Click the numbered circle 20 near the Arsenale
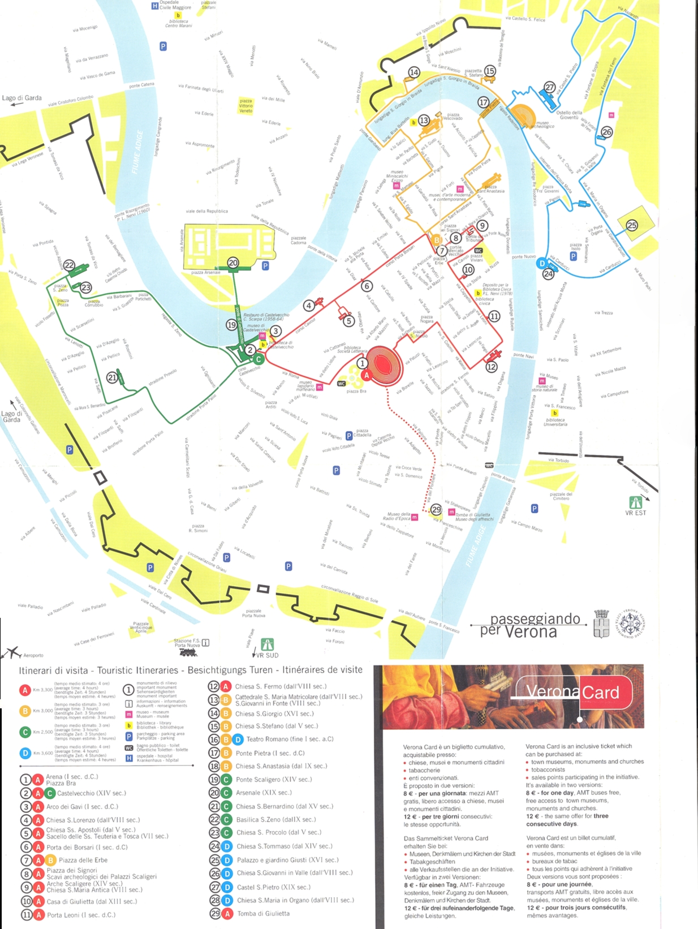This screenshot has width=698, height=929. click(233, 263)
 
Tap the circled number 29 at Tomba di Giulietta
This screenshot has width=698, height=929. click(436, 510)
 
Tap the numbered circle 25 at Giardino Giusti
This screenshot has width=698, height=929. click(632, 225)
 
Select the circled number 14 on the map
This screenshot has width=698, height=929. click(414, 72)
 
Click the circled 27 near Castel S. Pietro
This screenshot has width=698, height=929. click(550, 87)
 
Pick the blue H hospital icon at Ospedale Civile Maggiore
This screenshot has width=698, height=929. click(154, 6)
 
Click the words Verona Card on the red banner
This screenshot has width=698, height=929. click(572, 691)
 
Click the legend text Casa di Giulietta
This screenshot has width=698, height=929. click(92, 901)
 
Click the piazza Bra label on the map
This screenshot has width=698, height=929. click(356, 392)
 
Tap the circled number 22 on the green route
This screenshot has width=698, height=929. click(69, 265)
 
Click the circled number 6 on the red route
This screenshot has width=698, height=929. click(367, 286)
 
